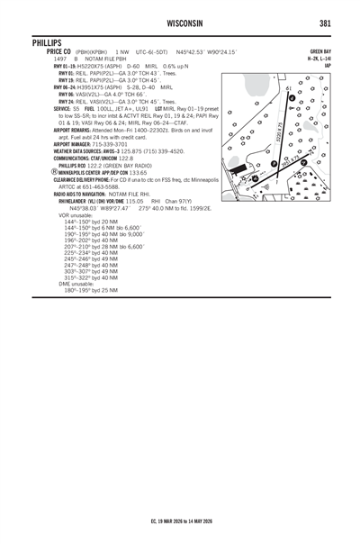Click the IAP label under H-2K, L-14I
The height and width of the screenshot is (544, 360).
point(328,66)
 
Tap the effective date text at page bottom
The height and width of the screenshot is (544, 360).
point(180,521)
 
